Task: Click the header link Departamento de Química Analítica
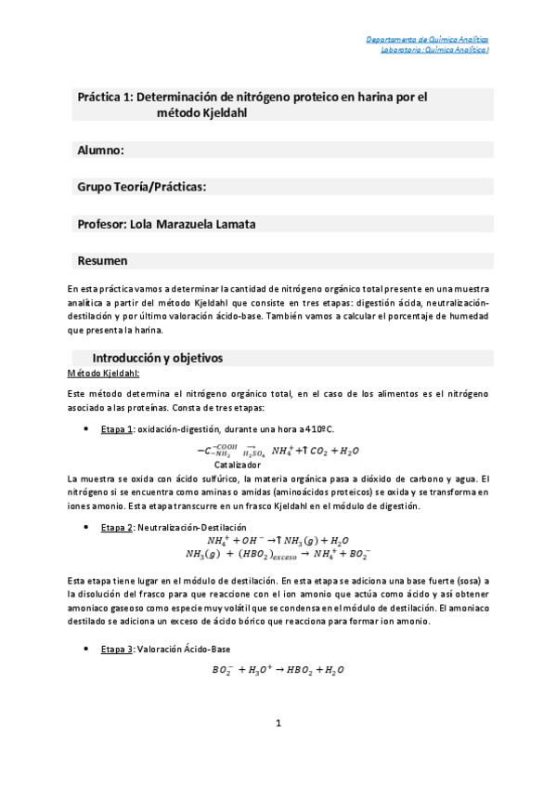(x=426, y=40)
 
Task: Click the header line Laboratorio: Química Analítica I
(x=434, y=50)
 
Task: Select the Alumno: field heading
(x=101, y=150)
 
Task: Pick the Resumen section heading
(x=102, y=261)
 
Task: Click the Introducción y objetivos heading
(x=157, y=358)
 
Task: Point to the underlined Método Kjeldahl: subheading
(x=103, y=374)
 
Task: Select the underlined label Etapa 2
(x=118, y=528)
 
